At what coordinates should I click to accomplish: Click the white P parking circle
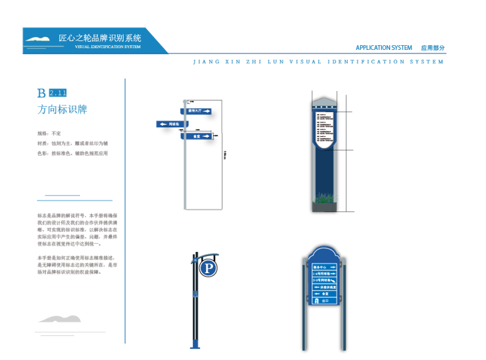click(208, 268)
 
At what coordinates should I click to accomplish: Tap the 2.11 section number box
click(58, 92)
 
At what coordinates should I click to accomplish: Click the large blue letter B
click(42, 92)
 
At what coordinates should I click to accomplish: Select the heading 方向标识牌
click(62, 110)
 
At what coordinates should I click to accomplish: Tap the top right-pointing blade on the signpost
click(199, 110)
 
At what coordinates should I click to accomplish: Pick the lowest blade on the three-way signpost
click(197, 136)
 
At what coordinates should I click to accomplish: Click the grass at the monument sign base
click(324, 199)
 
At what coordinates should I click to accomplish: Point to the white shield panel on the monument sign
click(324, 128)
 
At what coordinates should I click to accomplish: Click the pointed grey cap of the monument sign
click(324, 103)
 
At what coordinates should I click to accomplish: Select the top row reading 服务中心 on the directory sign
click(324, 267)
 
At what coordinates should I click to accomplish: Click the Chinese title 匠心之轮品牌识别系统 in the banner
click(100, 38)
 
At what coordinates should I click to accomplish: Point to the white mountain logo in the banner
click(38, 39)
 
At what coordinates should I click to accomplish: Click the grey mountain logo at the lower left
click(60, 319)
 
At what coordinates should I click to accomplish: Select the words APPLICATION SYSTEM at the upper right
click(383, 48)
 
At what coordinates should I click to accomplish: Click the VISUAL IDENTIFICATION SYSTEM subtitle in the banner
click(107, 47)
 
